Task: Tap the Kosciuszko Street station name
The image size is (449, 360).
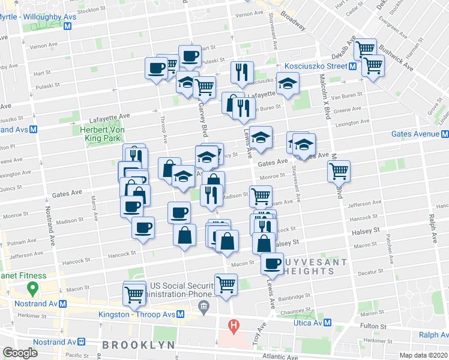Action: point(321,66)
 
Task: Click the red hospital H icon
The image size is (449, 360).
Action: point(234,327)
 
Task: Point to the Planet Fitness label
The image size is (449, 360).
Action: point(23,276)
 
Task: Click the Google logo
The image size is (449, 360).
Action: point(20,353)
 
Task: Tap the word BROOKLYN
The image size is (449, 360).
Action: point(138,345)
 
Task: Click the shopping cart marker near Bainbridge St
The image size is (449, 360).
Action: point(226,284)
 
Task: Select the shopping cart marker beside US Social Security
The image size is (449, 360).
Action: point(134,293)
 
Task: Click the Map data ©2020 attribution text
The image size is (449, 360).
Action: point(425,355)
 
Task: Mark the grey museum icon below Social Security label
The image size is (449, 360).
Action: point(203,307)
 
